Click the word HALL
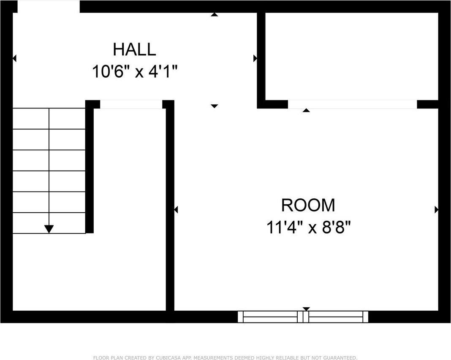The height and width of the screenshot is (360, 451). (x=134, y=49)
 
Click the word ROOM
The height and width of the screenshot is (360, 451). (x=308, y=205)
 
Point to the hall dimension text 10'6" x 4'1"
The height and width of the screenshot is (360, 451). (x=135, y=71)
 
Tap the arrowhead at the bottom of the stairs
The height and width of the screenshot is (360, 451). (x=49, y=229)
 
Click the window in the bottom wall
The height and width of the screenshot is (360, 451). (x=303, y=317)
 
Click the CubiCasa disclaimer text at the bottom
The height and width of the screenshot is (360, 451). (x=225, y=358)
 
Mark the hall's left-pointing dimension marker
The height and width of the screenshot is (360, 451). (x=15, y=58)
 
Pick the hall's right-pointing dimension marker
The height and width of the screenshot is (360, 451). (x=255, y=58)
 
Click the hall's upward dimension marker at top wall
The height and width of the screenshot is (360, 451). (x=214, y=15)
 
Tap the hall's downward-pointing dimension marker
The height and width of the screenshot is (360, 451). (x=214, y=106)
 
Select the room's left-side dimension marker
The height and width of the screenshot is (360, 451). (x=176, y=210)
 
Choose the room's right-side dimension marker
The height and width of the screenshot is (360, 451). (x=436, y=210)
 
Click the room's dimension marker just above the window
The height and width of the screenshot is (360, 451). (x=306, y=309)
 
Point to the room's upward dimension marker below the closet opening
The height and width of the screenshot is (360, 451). (x=306, y=110)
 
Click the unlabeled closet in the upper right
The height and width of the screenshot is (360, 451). (x=351, y=57)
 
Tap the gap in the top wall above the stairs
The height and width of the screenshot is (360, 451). (x=49, y=6)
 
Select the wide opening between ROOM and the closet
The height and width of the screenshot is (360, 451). (x=352, y=104)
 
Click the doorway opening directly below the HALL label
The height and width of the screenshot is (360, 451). (x=131, y=104)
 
